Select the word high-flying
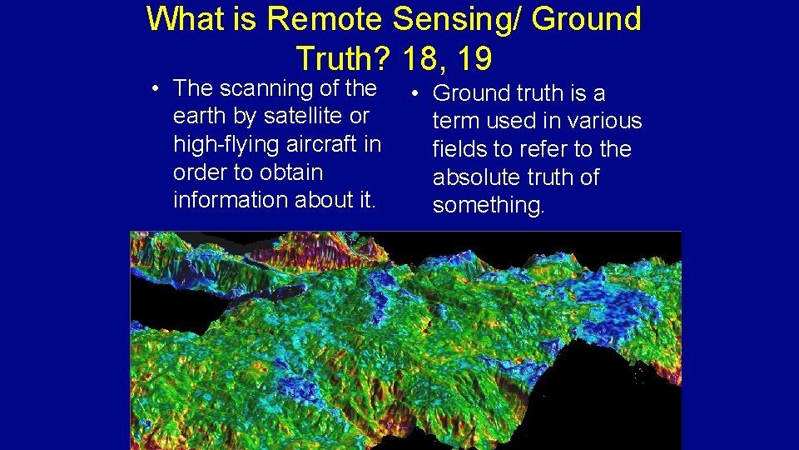click(x=226, y=144)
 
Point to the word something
click(x=488, y=206)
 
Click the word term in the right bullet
click(x=455, y=122)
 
